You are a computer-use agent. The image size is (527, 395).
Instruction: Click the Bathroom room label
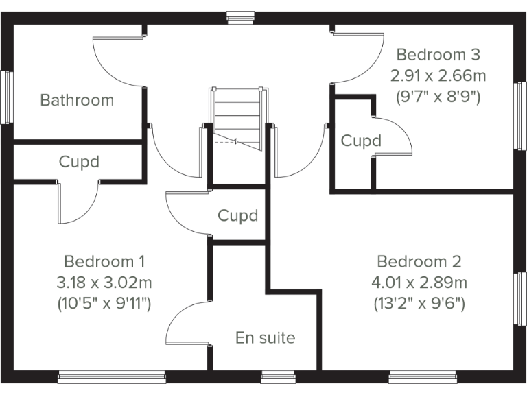77,100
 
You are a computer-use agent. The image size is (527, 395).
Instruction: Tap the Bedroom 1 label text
104,261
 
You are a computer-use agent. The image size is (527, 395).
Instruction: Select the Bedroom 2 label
419,261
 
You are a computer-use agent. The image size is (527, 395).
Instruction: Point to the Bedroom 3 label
438,54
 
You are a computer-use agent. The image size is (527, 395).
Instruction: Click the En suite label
265,337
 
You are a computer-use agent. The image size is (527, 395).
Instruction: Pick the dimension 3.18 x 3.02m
104,282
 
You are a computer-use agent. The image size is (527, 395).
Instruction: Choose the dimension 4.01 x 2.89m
419,282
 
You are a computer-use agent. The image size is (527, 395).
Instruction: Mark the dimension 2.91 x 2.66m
438,75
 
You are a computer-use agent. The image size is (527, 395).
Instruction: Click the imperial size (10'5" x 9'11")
104,302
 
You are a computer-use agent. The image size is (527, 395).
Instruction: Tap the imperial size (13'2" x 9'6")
419,302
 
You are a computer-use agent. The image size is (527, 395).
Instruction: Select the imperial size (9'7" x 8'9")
438,96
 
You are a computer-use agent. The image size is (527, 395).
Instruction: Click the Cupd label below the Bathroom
79,163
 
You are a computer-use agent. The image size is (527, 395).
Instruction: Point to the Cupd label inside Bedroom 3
361,141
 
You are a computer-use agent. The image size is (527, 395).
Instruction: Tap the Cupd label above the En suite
238,215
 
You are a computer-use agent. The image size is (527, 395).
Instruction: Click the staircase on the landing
237,117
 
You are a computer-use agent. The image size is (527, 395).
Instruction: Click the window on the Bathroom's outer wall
8,97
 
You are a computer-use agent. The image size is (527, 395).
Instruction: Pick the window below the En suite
276,376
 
